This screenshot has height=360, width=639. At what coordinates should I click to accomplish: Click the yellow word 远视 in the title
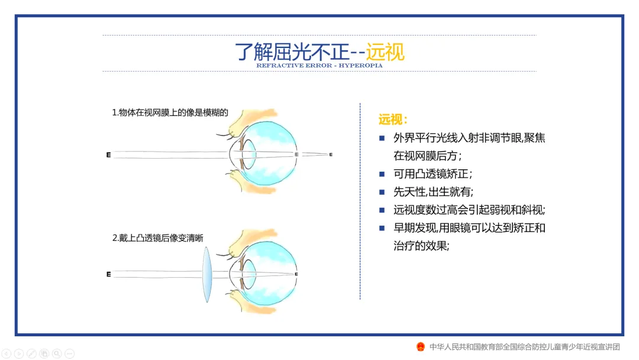click(x=385, y=52)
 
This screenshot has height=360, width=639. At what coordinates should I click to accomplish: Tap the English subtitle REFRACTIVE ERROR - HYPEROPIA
click(x=319, y=66)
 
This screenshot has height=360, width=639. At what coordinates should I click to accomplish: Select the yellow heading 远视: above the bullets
click(x=393, y=120)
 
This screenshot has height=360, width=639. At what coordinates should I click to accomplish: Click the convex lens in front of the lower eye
click(x=206, y=275)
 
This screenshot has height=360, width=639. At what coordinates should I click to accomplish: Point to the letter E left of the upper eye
click(x=108, y=155)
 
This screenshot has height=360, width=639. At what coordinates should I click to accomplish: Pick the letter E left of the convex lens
click(x=108, y=275)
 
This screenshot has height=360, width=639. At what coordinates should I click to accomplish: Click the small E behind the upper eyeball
click(x=331, y=155)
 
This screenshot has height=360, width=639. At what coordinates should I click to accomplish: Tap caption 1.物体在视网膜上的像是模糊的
click(x=170, y=113)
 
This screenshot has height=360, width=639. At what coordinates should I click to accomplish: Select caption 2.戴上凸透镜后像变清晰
click(x=162, y=238)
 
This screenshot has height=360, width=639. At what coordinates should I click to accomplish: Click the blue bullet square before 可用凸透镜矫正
click(x=382, y=175)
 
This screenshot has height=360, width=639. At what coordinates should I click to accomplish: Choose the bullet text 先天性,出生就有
click(x=433, y=192)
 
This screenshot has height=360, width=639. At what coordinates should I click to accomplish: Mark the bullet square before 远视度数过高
click(x=382, y=210)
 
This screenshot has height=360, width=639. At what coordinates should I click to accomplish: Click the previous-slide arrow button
click(x=7, y=354)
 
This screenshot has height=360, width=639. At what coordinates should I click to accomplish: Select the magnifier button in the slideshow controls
click(x=57, y=354)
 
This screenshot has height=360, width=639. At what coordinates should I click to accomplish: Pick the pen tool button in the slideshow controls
click(x=31, y=354)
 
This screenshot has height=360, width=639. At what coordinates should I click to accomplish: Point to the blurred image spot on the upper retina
click(x=296, y=155)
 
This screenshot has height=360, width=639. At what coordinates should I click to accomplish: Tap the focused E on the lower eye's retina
click(x=296, y=275)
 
